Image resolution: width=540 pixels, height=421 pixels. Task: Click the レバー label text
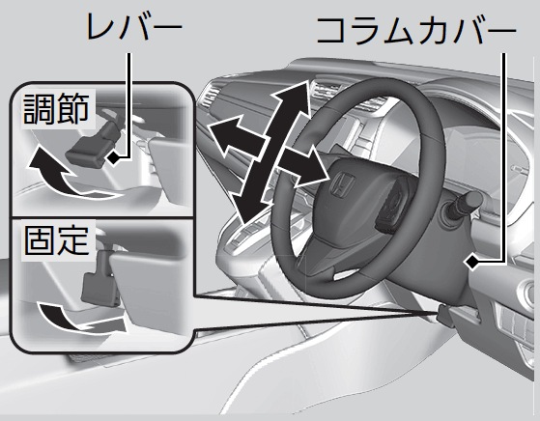(x=134, y=28)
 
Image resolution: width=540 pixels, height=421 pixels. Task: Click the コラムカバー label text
(x=416, y=31)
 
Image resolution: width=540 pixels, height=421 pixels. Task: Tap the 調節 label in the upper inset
(x=56, y=108)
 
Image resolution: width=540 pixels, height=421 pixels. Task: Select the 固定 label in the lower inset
(x=57, y=240)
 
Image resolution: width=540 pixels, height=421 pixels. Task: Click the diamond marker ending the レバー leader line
(x=113, y=158)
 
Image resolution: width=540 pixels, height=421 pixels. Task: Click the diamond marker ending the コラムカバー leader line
(x=471, y=263)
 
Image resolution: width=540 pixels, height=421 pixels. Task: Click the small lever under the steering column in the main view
(x=445, y=316)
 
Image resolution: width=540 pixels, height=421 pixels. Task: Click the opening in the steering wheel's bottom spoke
(x=346, y=273)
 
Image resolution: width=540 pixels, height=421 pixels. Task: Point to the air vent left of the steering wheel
(x=209, y=96)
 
